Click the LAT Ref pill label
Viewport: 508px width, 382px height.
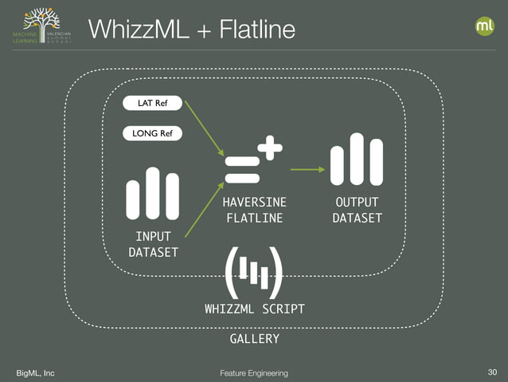153,104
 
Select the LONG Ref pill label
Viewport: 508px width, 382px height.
153,133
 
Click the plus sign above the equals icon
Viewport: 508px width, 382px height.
270,147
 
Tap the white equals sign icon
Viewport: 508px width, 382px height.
241,169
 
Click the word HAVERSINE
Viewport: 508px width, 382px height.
254,203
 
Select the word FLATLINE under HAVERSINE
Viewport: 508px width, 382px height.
254,219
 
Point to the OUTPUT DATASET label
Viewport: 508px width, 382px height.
357,211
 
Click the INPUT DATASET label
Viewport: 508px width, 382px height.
153,245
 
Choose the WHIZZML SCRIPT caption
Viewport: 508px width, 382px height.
254,309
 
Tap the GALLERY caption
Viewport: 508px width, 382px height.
254,339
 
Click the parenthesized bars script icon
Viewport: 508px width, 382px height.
254,271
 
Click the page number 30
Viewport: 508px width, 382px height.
490,372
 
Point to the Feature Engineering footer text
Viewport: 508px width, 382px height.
254,373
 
